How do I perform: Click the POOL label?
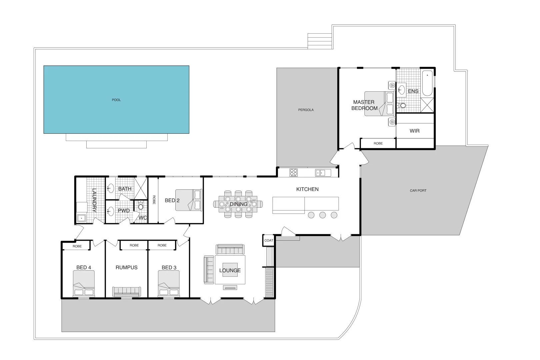click(x=116, y=100)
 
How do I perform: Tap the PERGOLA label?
click(x=306, y=110)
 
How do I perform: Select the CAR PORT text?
click(x=418, y=191)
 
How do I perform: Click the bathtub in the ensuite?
click(x=427, y=83)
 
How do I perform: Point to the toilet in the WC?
click(x=141, y=206)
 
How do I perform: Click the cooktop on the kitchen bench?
click(x=293, y=173)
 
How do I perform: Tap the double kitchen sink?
click(x=320, y=173)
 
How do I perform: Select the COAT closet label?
click(x=269, y=240)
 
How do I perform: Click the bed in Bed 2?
click(x=189, y=200)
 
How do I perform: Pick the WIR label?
click(x=414, y=131)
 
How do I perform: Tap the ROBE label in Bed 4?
click(x=77, y=246)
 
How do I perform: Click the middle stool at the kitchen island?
click(x=322, y=215)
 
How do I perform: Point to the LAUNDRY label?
click(x=94, y=200)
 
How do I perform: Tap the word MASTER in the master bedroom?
click(x=364, y=102)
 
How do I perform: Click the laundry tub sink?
click(x=81, y=218)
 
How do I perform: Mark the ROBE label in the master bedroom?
click(x=378, y=143)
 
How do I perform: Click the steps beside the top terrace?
click(x=320, y=41)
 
